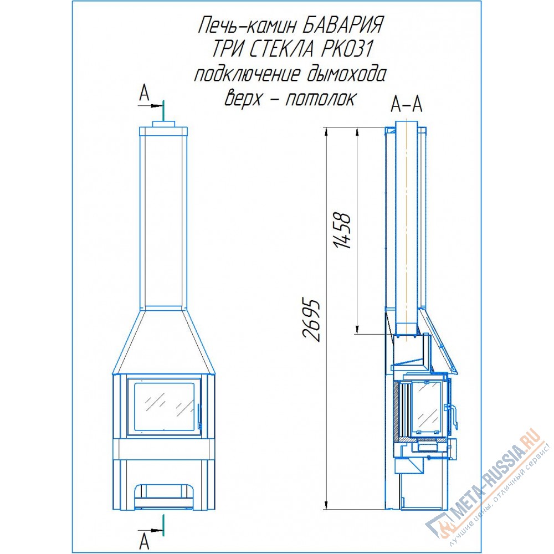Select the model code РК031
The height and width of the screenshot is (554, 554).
[347, 49]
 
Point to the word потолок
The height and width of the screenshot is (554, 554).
[320, 99]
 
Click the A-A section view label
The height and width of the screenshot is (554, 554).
[406, 104]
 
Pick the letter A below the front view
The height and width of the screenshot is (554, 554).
[144, 542]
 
